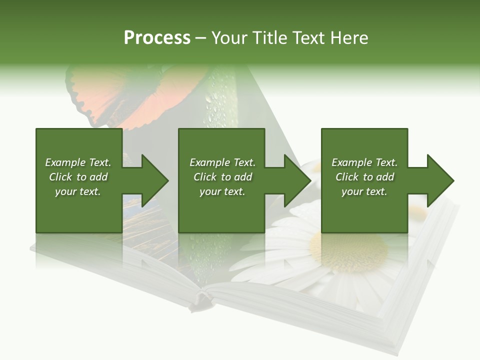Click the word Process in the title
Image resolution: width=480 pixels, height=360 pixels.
pyautogui.click(x=157, y=38)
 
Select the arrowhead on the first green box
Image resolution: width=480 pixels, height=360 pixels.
pyautogui.click(x=154, y=180)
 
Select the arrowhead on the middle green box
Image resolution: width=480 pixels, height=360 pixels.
pyautogui.click(x=297, y=180)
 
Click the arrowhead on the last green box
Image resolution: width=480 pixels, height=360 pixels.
pyautogui.click(x=440, y=180)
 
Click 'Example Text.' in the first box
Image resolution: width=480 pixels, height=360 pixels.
pyautogui.click(x=78, y=162)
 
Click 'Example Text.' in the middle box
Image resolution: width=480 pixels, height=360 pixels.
pyautogui.click(x=222, y=162)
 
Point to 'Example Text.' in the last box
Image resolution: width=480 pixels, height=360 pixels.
pyautogui.click(x=364, y=162)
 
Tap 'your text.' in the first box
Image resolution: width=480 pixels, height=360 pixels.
pyautogui.click(x=78, y=191)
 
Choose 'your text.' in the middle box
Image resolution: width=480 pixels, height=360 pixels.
pyautogui.click(x=222, y=191)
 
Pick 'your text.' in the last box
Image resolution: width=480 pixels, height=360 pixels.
pyautogui.click(x=364, y=191)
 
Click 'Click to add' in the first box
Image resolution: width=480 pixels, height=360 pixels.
pyautogui.click(x=78, y=177)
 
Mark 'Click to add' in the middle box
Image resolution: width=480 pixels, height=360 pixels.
pyautogui.click(x=222, y=177)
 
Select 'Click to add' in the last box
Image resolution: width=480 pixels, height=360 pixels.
pyautogui.click(x=364, y=177)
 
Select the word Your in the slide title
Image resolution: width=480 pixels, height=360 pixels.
pyautogui.click(x=229, y=38)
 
